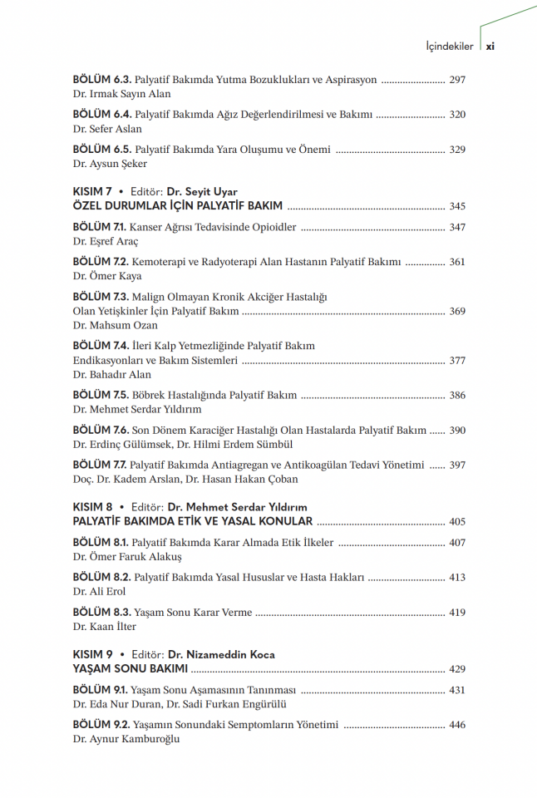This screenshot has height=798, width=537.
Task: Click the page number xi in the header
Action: pyautogui.click(x=490, y=47)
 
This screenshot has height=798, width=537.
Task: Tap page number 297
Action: pyautogui.click(x=457, y=81)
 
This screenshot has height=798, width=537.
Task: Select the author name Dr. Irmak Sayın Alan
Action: pyautogui.click(x=121, y=95)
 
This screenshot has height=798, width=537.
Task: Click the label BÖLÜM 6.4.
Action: pyautogui.click(x=101, y=115)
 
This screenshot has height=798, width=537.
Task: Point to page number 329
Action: pyautogui.click(x=457, y=150)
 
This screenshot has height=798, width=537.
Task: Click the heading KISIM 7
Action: pyautogui.click(x=93, y=192)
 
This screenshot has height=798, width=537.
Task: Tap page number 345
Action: pyautogui.click(x=457, y=206)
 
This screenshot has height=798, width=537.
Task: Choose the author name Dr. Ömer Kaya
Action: pyautogui.click(x=107, y=276)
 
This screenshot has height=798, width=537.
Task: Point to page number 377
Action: pyautogui.click(x=457, y=361)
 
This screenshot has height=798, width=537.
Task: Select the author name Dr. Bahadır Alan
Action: pyautogui.click(x=112, y=375)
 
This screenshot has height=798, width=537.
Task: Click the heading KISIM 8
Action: pyautogui.click(x=93, y=507)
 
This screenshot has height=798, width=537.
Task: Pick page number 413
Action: pyautogui.click(x=457, y=577)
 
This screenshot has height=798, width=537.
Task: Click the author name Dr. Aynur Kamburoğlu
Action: pyautogui.click(x=126, y=739)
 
